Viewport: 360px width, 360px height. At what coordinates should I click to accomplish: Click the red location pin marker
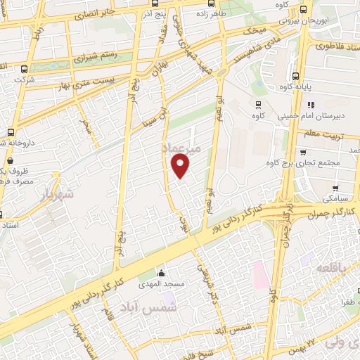(x=181, y=166)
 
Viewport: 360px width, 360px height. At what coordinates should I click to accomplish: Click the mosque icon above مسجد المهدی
(x=162, y=273)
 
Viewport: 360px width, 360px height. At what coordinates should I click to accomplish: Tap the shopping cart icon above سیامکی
(x=335, y=188)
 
